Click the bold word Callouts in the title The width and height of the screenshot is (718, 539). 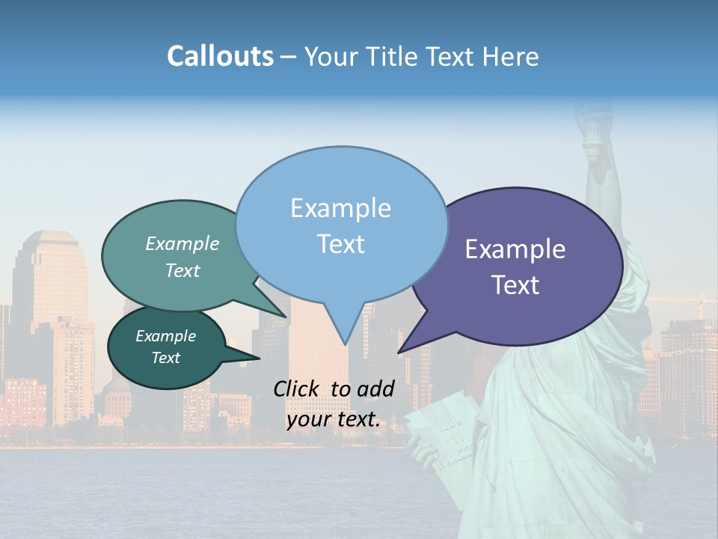coord(220,56)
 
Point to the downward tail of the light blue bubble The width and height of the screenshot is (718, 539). coord(344,333)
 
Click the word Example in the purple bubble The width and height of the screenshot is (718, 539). coord(515,249)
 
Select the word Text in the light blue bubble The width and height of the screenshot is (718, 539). coord(341,244)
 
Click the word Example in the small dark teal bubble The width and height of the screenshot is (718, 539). coord(166,336)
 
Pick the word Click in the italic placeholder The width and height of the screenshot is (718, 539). coord(297,389)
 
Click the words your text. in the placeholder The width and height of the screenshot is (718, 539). coord(334,420)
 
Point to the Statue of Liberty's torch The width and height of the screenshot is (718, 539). coord(592,127)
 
